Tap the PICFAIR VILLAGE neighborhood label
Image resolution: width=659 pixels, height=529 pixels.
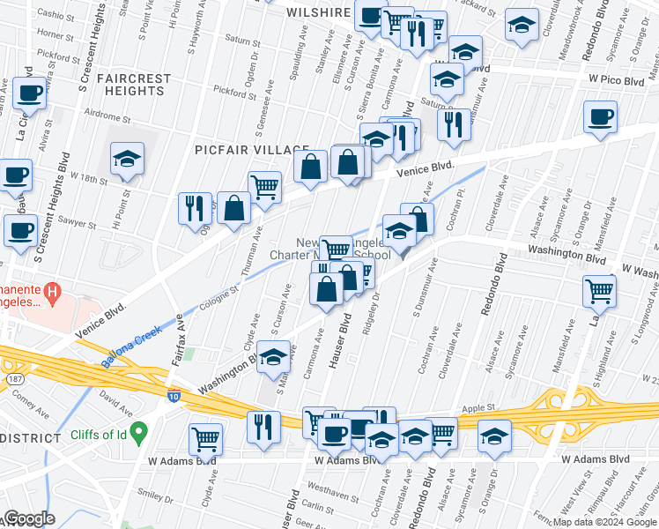click(252, 150)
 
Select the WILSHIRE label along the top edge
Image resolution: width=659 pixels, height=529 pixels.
click(319, 12)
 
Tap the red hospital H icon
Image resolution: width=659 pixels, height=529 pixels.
click(54, 290)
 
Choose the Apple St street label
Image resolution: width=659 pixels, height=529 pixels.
click(479, 408)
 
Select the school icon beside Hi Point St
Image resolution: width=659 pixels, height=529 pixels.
click(127, 159)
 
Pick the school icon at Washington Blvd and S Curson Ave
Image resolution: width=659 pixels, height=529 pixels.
click(274, 357)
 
